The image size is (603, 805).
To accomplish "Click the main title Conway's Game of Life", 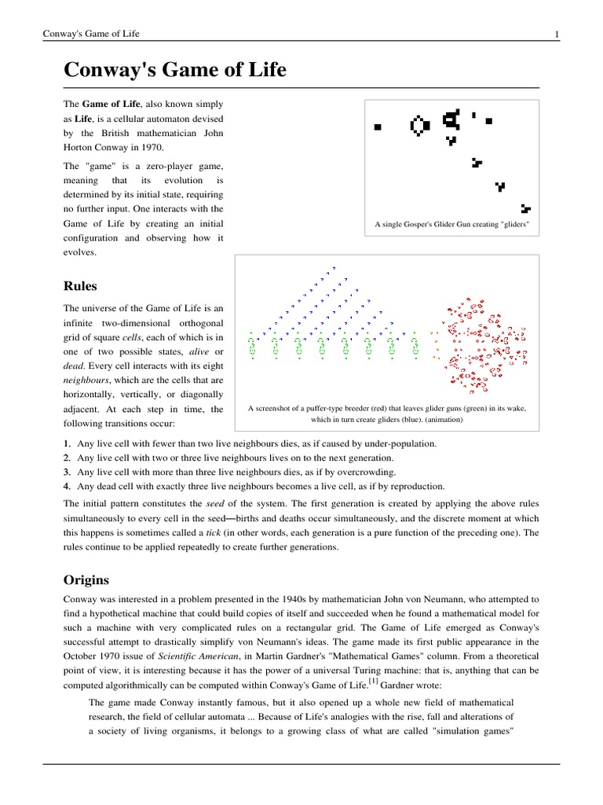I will tap(174, 72).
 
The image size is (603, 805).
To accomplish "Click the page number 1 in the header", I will tap(556, 34).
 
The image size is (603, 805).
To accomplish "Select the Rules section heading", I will tap(80, 286).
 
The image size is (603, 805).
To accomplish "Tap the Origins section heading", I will tap(86, 579).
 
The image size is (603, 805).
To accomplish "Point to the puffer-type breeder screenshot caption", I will tap(387, 414).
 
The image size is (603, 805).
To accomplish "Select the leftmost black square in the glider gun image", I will tap(378, 126).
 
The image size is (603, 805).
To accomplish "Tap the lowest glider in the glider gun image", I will tap(525, 209).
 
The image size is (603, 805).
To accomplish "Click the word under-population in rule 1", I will tap(400, 444).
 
